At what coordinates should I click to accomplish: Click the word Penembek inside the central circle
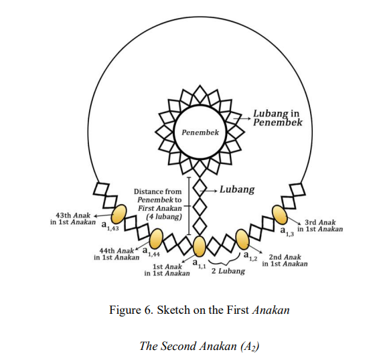tap(200, 132)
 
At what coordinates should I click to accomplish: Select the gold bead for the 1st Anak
tap(199, 246)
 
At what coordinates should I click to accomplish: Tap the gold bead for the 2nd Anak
tap(242, 240)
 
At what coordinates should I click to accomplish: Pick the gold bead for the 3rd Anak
tap(279, 215)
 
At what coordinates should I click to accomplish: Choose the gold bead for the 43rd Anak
tap(119, 214)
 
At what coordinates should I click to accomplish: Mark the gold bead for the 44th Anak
tap(156, 239)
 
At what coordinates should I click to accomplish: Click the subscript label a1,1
tap(199, 263)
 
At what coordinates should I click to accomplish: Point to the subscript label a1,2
tap(250, 256)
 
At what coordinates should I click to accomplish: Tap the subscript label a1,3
tap(287, 232)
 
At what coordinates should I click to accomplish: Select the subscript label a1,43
tap(110, 226)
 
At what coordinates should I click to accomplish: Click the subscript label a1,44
tap(151, 252)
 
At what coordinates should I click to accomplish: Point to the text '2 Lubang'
tap(228, 271)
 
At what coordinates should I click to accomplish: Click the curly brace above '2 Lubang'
tap(224, 260)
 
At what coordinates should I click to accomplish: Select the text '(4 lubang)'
tap(164, 217)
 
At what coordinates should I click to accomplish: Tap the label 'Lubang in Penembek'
tap(278, 118)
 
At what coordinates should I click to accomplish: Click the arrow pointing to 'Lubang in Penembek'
tap(242, 118)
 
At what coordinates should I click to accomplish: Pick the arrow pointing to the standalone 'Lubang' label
tap(208, 191)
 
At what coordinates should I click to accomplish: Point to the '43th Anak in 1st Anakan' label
tap(72, 219)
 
